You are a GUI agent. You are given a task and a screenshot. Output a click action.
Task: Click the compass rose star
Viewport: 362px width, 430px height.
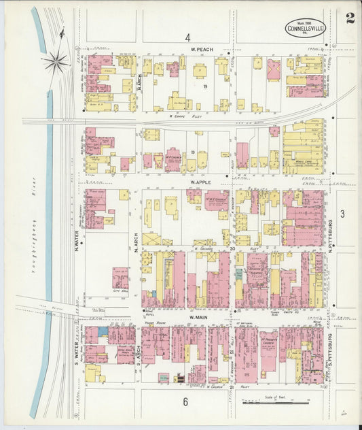pos(56,62)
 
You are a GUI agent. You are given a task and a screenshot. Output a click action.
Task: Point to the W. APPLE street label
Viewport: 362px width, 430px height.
pos(202,183)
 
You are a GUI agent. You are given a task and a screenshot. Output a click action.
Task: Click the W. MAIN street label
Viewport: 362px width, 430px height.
pos(198,317)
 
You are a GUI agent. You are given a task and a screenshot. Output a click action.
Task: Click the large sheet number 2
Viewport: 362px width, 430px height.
pos(349,18)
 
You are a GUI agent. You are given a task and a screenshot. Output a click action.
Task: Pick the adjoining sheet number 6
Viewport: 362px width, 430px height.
pos(185,402)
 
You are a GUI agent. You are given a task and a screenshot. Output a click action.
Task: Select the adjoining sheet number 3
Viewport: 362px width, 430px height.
pos(343,214)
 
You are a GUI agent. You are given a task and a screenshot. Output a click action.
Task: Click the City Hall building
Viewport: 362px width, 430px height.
pos(120,278)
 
